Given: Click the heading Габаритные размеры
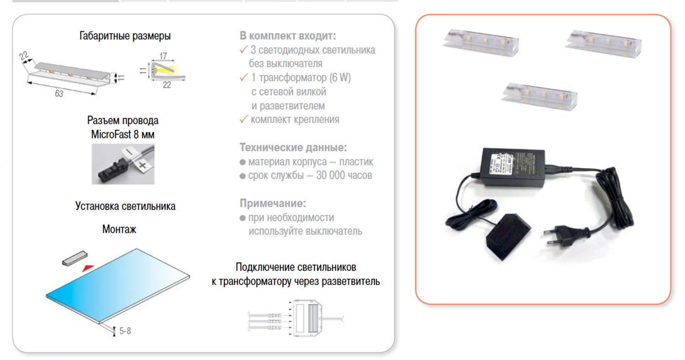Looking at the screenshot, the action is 125,36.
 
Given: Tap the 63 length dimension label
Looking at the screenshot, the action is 59,94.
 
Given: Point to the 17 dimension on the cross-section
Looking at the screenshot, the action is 163,56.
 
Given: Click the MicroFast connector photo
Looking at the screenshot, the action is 123,164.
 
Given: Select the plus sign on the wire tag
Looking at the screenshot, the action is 142,165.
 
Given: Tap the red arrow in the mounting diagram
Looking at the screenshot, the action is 88,268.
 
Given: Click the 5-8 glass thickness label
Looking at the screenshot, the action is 125,331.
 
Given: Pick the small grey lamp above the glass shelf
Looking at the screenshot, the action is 75,258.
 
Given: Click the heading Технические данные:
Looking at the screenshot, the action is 293,148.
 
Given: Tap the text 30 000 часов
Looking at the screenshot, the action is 344,175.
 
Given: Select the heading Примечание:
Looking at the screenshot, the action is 273,203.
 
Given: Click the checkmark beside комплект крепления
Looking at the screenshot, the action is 244,119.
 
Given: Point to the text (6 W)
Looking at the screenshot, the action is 340,78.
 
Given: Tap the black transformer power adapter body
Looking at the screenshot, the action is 512,168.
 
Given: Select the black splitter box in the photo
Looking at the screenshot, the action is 508,236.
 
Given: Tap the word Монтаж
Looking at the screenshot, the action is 119,229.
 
